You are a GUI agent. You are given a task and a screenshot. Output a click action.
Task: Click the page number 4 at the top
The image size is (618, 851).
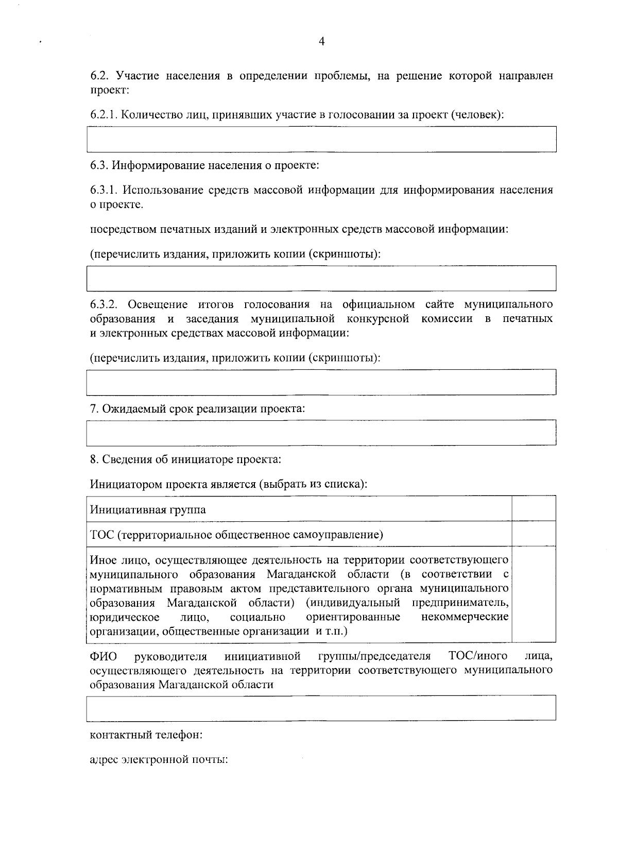point(321,42)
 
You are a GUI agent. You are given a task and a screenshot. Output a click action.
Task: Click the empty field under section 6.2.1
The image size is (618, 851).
point(321,139)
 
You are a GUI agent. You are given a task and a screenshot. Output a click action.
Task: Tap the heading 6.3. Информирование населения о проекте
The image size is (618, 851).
point(204,166)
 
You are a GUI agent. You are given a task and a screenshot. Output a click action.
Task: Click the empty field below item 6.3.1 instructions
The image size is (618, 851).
point(321,278)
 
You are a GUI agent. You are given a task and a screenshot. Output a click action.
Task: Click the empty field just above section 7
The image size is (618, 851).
point(321,382)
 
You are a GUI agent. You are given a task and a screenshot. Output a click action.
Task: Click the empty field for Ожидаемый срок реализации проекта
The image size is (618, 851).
point(321,432)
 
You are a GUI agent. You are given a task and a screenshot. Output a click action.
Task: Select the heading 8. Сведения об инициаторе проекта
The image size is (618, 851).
point(185,458)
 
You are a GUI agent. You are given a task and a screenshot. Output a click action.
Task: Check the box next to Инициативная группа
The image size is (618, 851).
point(534,509)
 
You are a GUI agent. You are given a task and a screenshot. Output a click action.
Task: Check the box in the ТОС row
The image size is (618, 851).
point(534,534)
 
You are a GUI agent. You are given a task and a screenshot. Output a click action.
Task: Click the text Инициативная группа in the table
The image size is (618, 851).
point(148,510)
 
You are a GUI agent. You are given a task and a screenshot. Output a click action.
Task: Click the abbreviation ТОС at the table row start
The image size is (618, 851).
point(101,535)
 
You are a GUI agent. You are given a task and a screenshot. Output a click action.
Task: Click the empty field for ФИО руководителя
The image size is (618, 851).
point(321,707)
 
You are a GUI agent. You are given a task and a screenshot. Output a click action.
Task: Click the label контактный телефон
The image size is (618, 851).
point(146,735)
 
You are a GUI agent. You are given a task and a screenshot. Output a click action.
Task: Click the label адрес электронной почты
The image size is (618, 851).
point(159,760)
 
